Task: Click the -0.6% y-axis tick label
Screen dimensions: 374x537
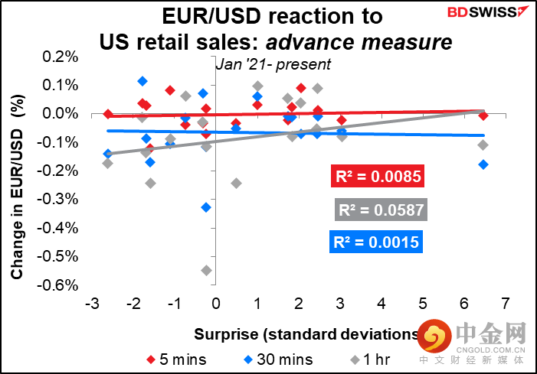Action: [61, 285]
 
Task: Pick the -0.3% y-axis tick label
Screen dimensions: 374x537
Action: [61, 200]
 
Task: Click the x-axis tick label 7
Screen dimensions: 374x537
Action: [504, 304]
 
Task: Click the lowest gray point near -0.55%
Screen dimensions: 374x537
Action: [206, 270]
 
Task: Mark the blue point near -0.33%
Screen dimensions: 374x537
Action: [206, 207]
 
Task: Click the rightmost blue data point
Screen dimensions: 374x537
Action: [483, 164]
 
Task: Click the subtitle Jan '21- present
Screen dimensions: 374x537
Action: [257, 65]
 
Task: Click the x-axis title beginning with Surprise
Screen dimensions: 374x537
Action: [306, 333]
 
